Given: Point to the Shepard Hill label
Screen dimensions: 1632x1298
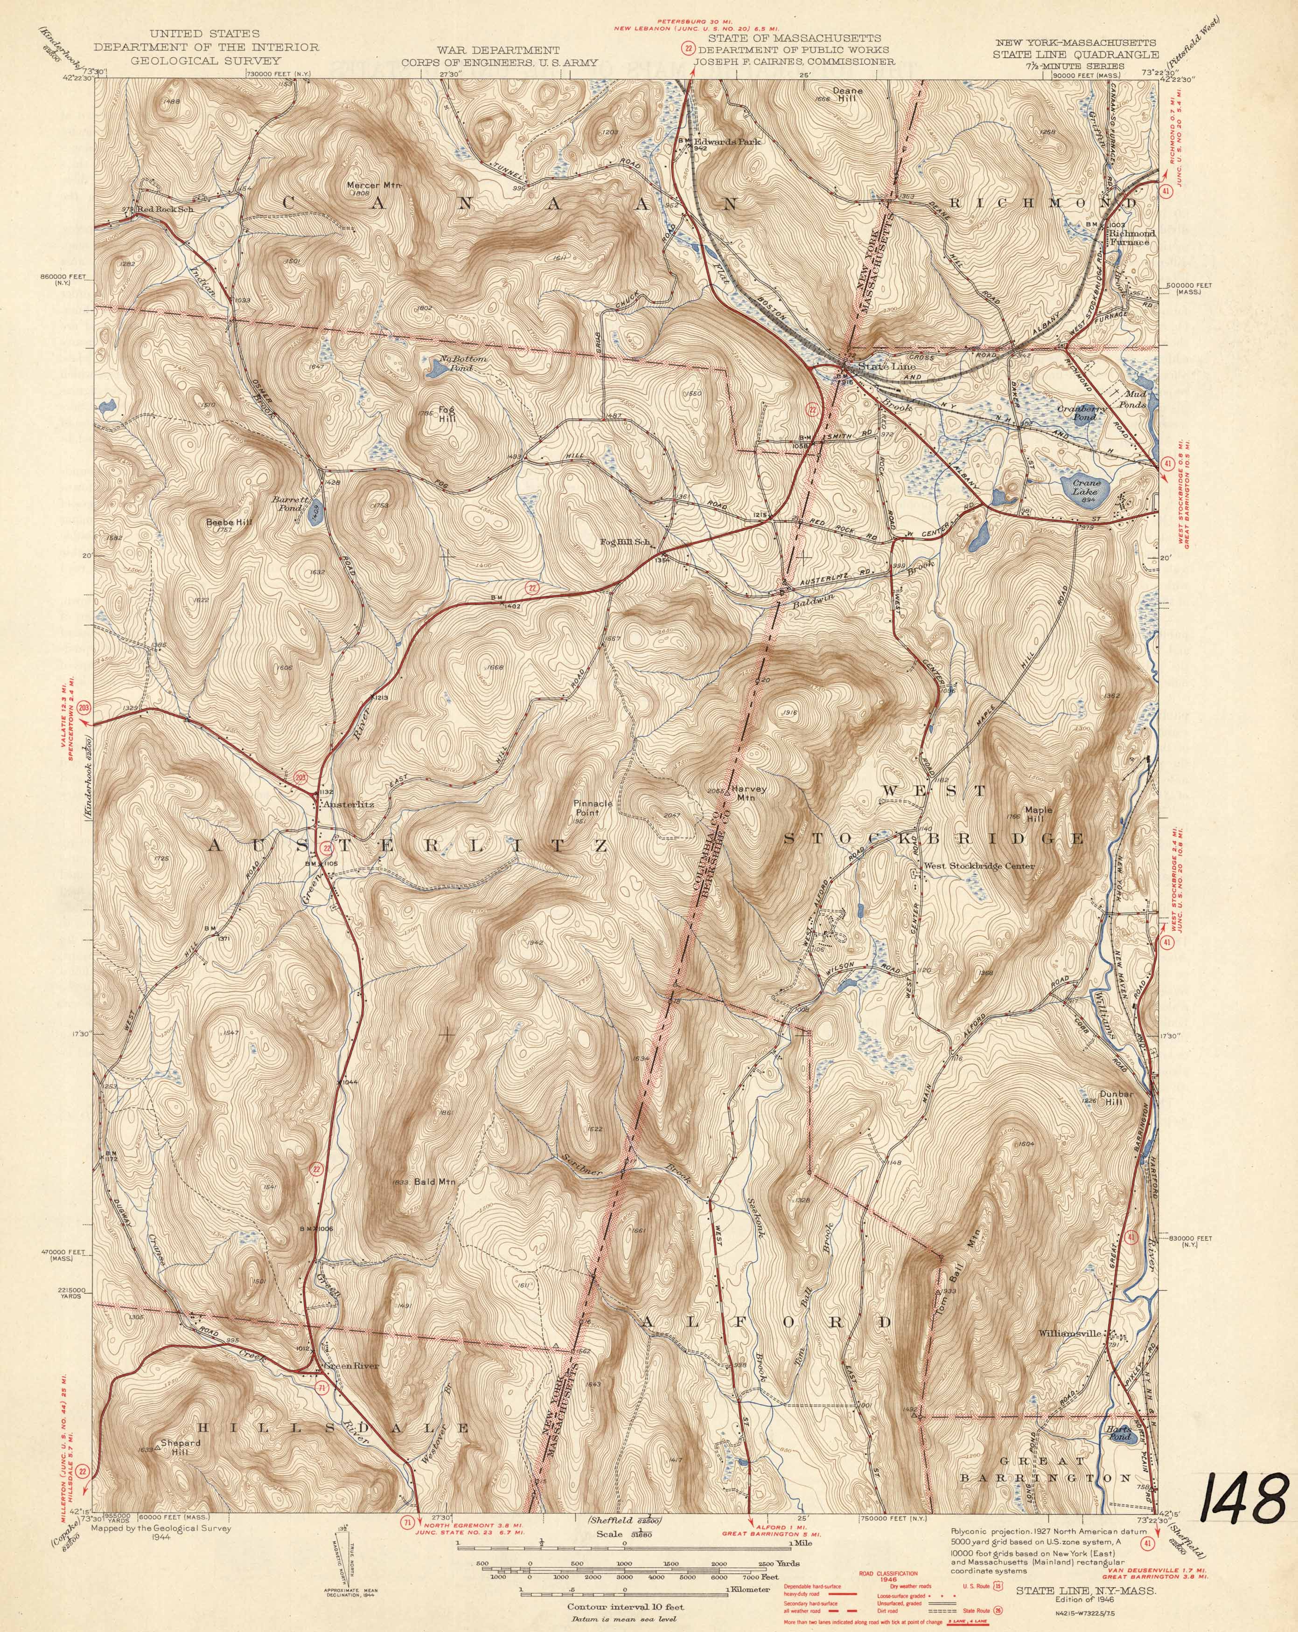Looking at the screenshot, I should click(x=180, y=1448).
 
